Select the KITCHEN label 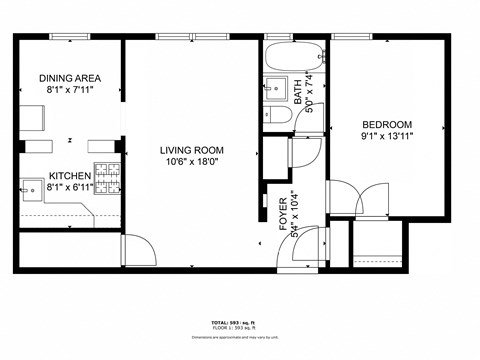coord(70,176)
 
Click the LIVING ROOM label coord(190,151)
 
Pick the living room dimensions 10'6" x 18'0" coord(190,163)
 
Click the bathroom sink coord(276,88)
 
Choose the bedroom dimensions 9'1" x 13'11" coord(386,135)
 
